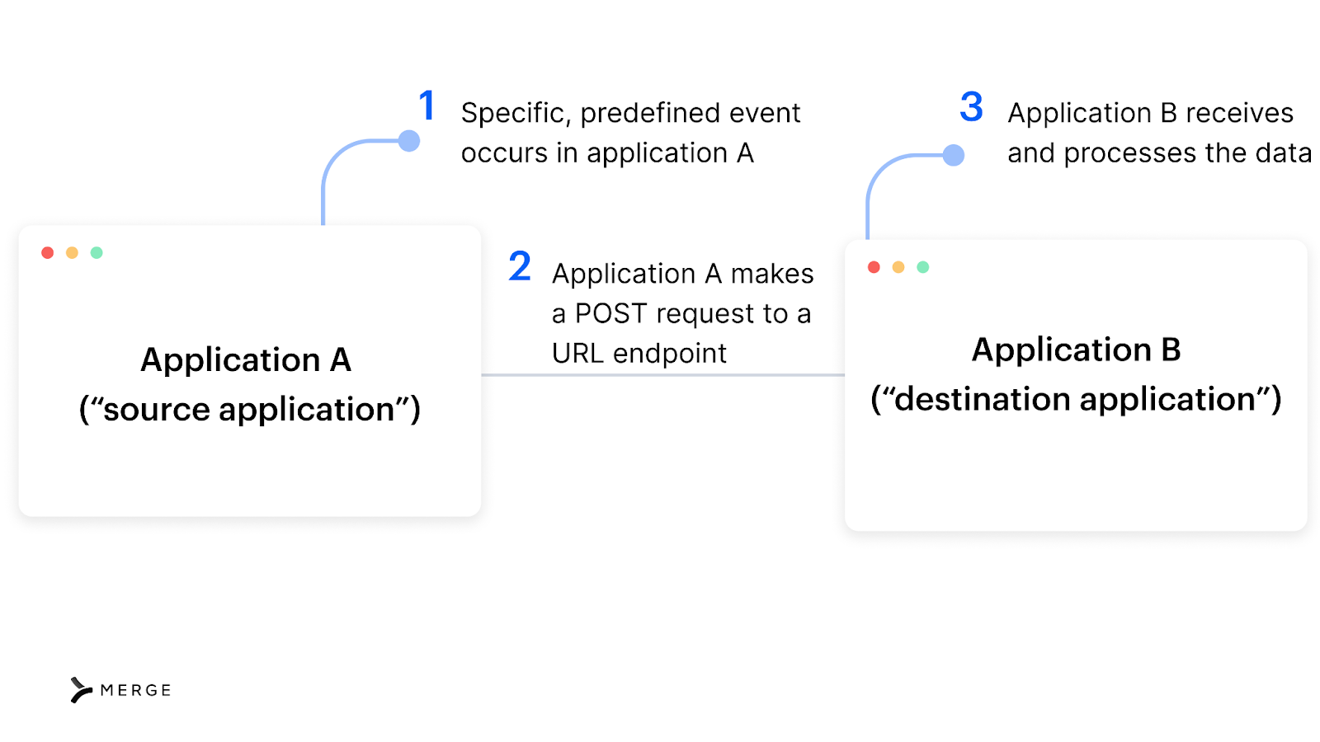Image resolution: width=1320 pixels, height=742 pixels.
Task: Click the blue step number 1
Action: point(427,106)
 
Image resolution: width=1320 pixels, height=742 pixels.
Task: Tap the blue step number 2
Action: point(520,266)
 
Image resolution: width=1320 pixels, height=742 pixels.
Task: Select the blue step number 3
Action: point(971,107)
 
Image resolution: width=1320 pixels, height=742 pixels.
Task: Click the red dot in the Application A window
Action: point(48,253)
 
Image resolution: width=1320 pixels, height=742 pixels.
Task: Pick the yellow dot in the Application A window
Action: point(73,253)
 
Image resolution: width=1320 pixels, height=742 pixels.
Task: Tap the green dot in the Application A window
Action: point(97,253)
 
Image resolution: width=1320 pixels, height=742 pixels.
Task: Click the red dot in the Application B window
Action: point(874,267)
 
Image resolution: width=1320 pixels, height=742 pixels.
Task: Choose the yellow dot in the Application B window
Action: point(898,267)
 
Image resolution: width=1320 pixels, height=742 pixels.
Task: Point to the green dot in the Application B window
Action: point(923,267)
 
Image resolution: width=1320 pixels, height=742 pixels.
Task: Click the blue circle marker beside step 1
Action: point(409,141)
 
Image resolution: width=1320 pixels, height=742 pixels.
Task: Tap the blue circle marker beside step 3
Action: point(954,155)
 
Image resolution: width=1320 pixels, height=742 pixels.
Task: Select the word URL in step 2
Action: point(577,354)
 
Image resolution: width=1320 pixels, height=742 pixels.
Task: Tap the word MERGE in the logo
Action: point(135,691)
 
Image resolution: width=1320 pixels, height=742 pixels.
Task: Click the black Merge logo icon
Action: point(81,690)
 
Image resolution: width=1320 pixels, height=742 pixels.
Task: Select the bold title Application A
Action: point(246,360)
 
